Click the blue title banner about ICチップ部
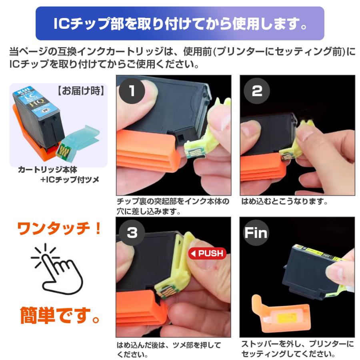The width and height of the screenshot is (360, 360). (180, 23)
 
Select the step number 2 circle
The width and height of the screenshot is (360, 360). (256, 91)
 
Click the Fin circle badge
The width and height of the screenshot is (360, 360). (256, 233)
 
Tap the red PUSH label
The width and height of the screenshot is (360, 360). (207, 253)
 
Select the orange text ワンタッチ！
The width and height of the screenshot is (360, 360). (60, 229)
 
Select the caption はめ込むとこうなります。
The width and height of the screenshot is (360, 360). (284, 202)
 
